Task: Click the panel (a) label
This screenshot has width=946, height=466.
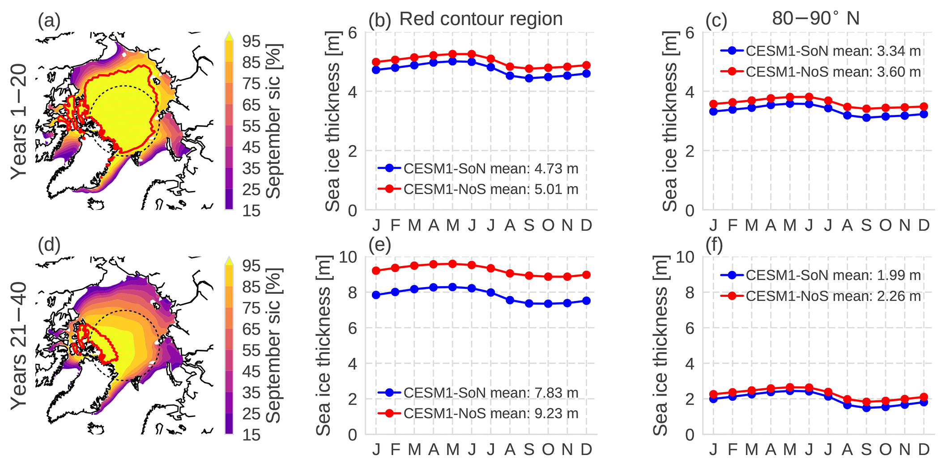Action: [49, 21]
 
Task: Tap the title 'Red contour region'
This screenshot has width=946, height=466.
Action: [481, 19]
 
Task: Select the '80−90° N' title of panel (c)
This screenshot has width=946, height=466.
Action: [816, 19]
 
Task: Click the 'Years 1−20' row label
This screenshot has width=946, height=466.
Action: [19, 122]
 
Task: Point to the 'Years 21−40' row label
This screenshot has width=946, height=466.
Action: [19, 346]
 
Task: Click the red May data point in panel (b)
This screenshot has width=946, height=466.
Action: [452, 54]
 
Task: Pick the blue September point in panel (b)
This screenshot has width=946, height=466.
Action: [529, 78]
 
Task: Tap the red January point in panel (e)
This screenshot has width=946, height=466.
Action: [376, 271]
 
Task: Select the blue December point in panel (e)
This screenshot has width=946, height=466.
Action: [586, 301]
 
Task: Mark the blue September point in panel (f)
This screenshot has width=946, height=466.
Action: [866, 408]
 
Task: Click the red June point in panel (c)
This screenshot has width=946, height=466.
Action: [809, 97]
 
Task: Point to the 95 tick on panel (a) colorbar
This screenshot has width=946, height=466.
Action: [251, 41]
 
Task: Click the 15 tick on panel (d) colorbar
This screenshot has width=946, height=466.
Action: [251, 435]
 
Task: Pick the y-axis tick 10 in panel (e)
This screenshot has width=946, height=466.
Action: [348, 257]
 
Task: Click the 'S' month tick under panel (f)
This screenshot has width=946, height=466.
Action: [866, 449]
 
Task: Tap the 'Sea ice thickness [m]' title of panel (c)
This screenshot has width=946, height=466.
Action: [670, 121]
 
